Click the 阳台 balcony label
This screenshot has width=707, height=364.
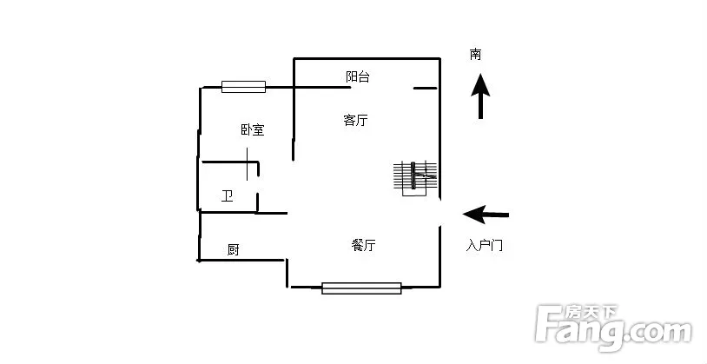[x=358, y=76]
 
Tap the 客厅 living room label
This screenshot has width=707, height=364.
[x=355, y=121]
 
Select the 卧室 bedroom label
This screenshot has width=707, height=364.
[x=253, y=130]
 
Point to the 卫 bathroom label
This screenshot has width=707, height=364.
[x=228, y=196]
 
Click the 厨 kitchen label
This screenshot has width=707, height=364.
[x=233, y=249]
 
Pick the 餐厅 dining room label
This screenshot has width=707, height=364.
[x=363, y=245]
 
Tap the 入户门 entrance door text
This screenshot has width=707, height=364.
[x=484, y=246]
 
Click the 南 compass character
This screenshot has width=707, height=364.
[x=475, y=55]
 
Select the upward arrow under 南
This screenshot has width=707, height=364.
[x=480, y=96]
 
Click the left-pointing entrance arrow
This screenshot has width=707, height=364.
[x=486, y=215]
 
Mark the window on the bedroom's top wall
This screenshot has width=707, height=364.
[x=243, y=87]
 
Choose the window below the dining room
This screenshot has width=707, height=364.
[x=361, y=288]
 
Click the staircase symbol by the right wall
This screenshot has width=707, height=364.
[x=415, y=178]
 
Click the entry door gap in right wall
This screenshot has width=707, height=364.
[x=440, y=213]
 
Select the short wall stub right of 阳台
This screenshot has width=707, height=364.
[x=426, y=88]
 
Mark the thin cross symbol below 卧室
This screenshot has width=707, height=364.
[x=247, y=163]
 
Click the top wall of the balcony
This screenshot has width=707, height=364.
[x=367, y=58]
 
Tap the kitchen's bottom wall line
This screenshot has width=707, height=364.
[x=241, y=261]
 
